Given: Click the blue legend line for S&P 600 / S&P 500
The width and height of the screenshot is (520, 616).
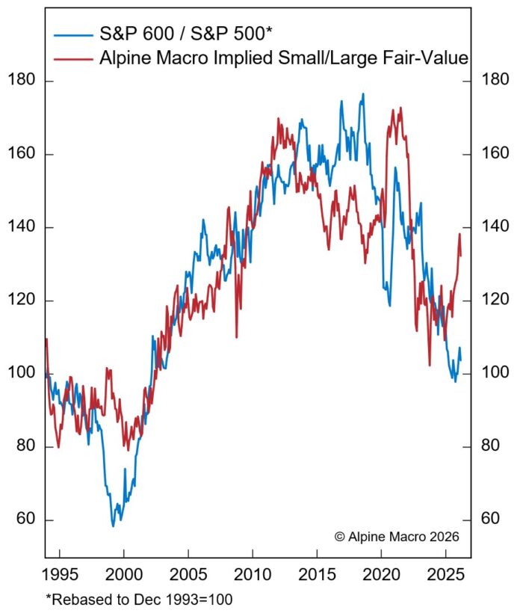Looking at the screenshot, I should [75, 33].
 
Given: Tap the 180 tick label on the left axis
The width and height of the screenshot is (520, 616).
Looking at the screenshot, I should [21, 81].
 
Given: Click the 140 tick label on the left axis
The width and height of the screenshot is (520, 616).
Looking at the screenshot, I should [21, 227].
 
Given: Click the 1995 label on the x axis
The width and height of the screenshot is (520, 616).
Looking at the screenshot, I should [59, 578].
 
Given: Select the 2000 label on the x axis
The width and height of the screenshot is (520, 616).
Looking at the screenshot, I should [123, 578].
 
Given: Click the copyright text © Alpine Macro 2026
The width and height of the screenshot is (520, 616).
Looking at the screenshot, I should [396, 536].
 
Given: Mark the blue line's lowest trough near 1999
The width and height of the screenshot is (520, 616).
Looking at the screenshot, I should [114, 526].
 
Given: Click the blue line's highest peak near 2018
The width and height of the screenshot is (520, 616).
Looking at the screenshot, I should [363, 94].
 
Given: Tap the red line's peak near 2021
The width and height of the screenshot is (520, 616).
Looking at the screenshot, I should [400, 108].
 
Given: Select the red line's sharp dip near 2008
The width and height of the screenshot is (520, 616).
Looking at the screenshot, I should [236, 336].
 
